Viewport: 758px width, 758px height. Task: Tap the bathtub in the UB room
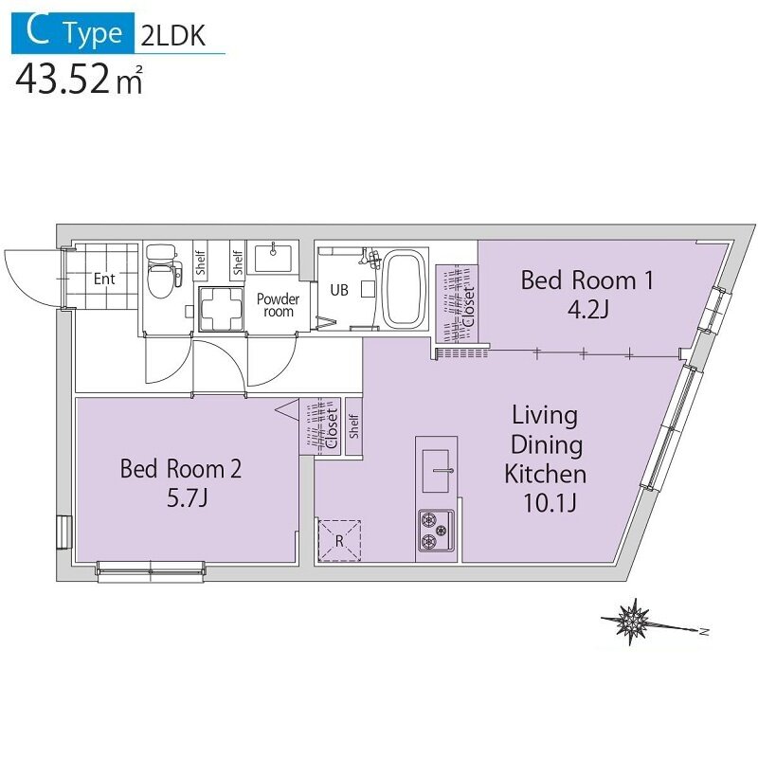[405, 289]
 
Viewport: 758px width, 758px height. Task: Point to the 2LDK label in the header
[173, 35]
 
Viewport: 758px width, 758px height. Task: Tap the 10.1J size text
[550, 503]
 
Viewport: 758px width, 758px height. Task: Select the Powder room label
[278, 305]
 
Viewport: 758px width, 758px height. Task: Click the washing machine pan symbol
[221, 309]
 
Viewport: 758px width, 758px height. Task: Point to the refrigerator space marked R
[339, 540]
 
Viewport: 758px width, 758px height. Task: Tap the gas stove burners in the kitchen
[436, 530]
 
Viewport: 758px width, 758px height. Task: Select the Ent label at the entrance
[104, 279]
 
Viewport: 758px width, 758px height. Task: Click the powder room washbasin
[273, 258]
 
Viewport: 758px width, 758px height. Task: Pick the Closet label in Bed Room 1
[468, 307]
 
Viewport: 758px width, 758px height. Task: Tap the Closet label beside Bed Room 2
[332, 429]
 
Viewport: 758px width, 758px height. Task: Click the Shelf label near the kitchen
[354, 425]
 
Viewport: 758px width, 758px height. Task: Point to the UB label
[339, 290]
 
